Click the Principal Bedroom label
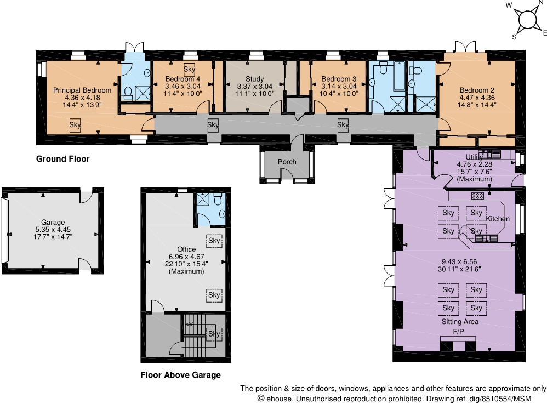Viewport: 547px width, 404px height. (x=82, y=90)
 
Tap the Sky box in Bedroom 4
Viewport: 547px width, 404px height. (x=189, y=69)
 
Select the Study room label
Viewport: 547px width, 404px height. (x=254, y=79)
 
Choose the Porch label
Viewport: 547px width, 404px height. (x=287, y=162)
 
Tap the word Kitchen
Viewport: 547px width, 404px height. (x=498, y=219)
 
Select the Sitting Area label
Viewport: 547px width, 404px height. (x=460, y=322)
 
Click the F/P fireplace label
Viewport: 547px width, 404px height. (x=458, y=332)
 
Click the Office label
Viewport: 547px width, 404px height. (x=186, y=249)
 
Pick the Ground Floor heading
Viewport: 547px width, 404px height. (x=62, y=159)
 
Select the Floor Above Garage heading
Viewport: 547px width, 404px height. (x=180, y=375)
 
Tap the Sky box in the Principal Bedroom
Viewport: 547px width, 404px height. (x=75, y=124)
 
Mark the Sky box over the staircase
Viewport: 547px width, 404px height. (x=214, y=333)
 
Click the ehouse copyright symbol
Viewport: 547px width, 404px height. (x=261, y=399)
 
